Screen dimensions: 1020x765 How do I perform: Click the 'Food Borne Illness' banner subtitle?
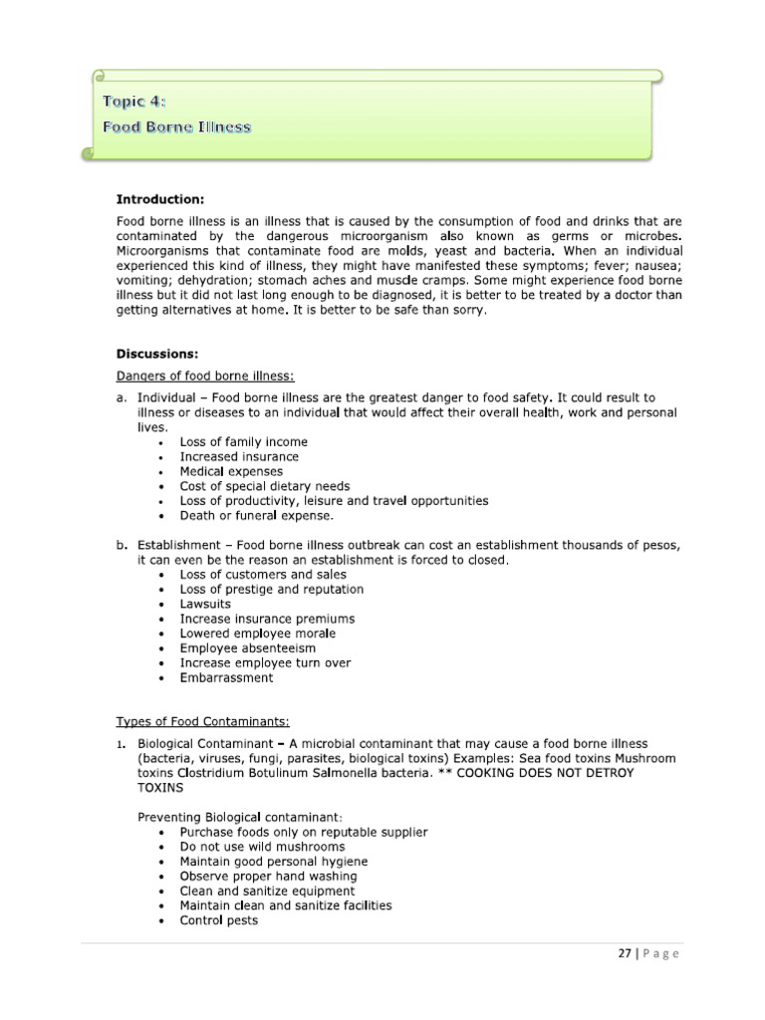[177, 127]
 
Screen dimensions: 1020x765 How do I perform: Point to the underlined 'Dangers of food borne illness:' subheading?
[206, 376]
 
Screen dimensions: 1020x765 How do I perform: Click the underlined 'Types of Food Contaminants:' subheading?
[203, 721]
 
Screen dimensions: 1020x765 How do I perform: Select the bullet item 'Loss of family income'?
[243, 442]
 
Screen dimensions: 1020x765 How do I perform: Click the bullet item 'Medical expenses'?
[231, 471]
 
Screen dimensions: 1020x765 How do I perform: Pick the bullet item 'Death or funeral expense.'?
[257, 516]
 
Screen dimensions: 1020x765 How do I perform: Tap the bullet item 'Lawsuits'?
[205, 604]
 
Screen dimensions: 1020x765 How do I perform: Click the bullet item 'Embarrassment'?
[226, 677]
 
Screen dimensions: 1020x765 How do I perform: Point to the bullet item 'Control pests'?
[218, 920]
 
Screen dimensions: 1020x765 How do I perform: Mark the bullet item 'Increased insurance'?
[239, 456]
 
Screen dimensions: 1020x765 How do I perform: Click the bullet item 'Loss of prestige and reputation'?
[271, 589]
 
